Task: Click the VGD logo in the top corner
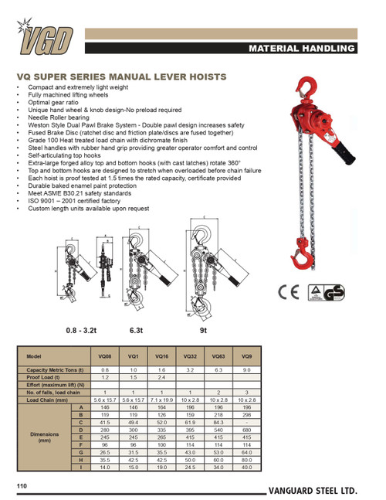point(48,36)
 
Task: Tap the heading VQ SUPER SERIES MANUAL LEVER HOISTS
point(121,77)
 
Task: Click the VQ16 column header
point(162,357)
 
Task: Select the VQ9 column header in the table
point(246,357)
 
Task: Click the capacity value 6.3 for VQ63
point(218,370)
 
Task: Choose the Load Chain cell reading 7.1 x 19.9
point(162,400)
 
